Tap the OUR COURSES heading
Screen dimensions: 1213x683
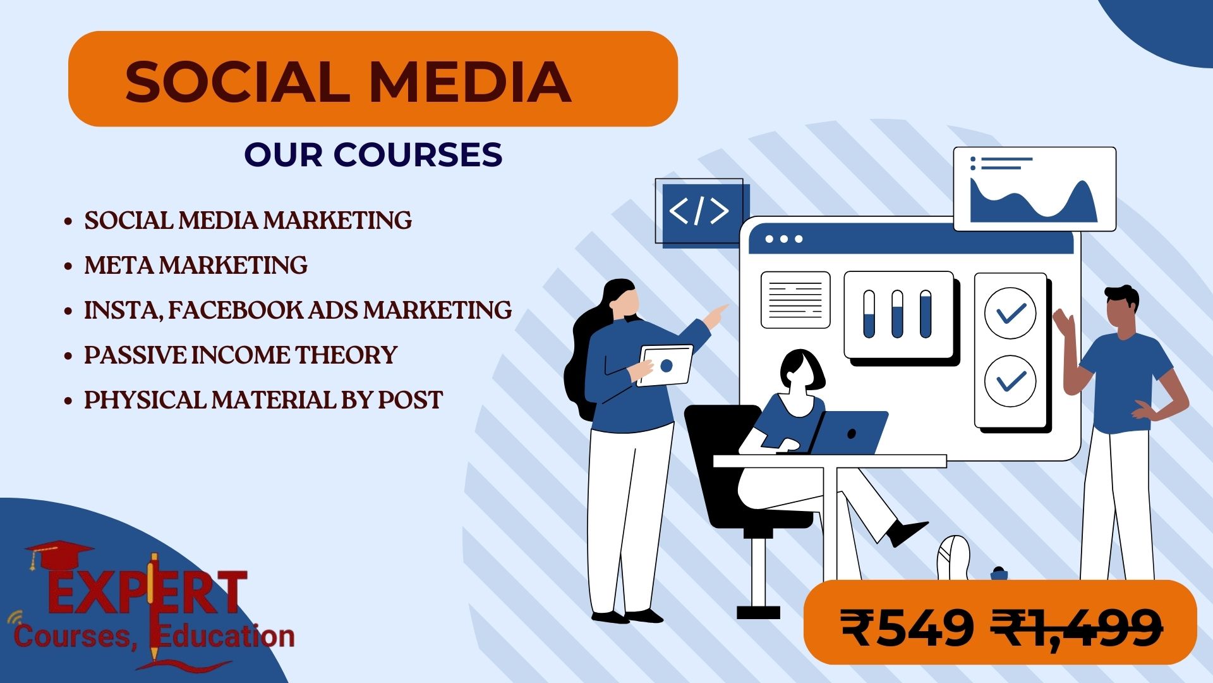373,154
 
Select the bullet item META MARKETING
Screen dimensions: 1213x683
196,265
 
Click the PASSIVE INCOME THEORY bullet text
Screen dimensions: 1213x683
241,355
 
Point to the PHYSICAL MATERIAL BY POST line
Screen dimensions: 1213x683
263,400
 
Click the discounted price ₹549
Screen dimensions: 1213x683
907,629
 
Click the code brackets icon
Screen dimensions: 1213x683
699,211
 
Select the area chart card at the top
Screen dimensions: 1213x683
1035,189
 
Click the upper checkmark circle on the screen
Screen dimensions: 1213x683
1010,313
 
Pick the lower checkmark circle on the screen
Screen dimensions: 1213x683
1010,381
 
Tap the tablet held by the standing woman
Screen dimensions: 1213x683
665,365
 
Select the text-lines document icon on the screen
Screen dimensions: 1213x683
795,300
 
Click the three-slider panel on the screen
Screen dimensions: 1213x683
898,314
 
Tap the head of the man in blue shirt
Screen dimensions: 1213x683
1121,311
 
